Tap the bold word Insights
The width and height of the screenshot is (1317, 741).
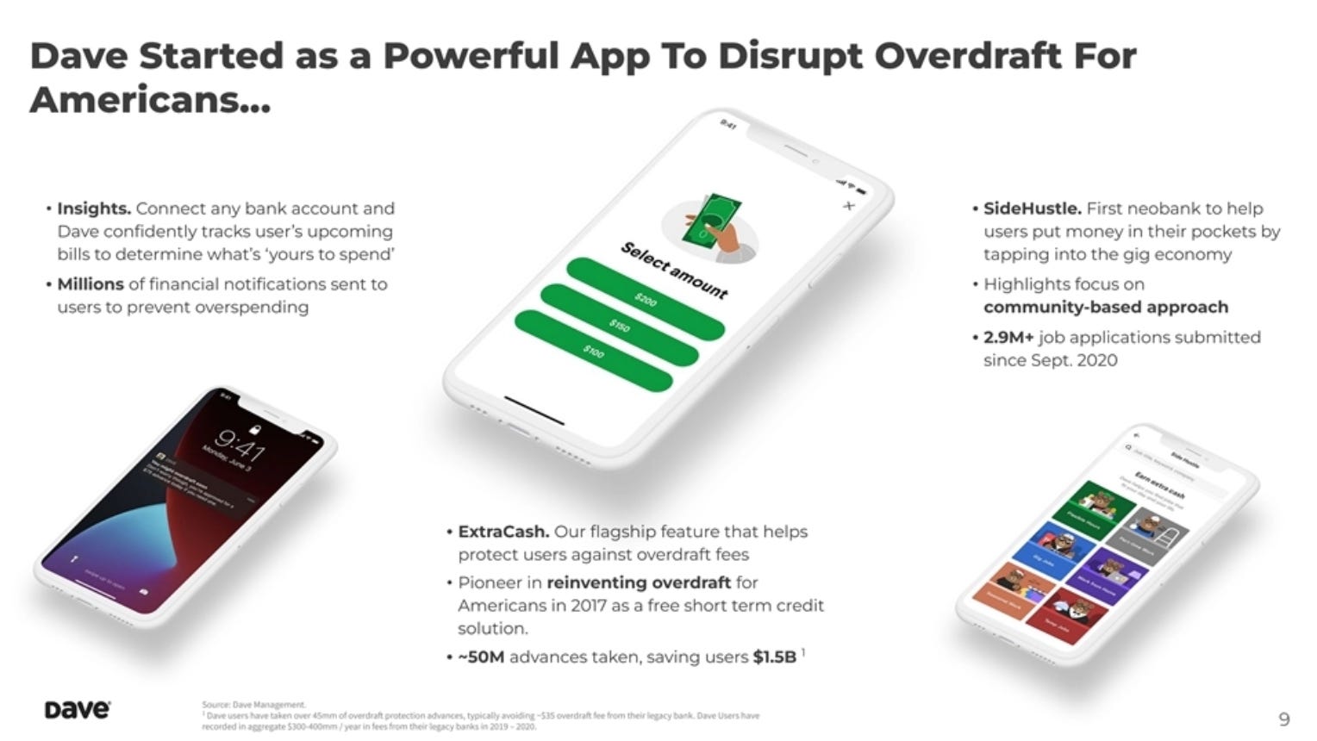[94, 209]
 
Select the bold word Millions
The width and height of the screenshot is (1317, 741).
[91, 284]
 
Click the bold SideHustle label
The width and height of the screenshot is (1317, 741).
[1032, 209]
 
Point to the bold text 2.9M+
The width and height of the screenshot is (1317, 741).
[1008, 337]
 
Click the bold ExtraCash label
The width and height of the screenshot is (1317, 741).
[503, 532]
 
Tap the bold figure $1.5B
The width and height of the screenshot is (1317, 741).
[774, 657]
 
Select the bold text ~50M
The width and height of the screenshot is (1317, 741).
[481, 657]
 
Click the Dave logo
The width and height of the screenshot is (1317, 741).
[77, 710]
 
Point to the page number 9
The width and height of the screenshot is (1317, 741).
[1284, 719]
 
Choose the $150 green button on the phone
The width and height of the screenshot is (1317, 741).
[620, 326]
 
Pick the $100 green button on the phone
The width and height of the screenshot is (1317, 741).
[594, 352]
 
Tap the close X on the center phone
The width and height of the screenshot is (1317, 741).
[849, 205]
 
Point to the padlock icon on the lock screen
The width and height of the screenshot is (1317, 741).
[254, 428]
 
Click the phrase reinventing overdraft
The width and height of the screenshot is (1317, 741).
[639, 582]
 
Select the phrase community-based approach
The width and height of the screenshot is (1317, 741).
[1106, 308]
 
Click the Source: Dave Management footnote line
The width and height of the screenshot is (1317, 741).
[253, 705]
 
